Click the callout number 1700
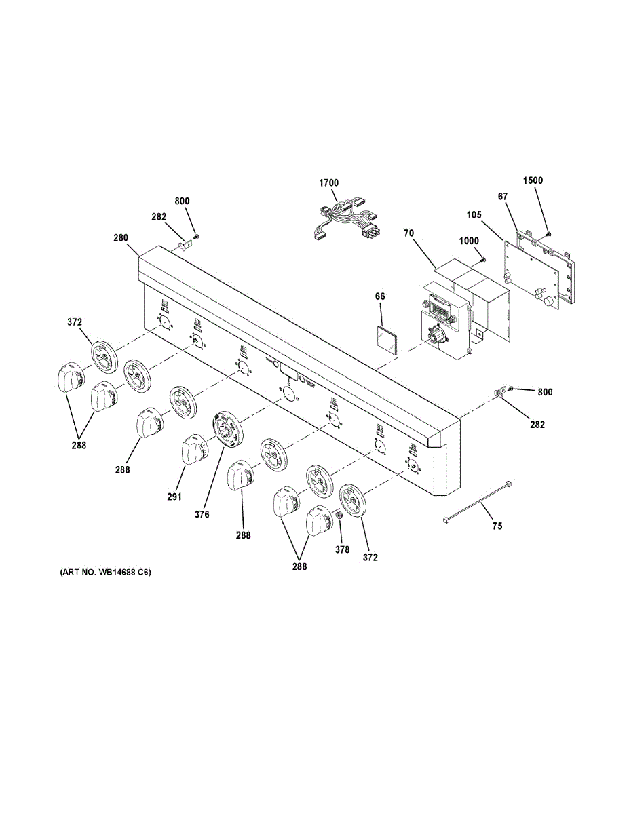[329, 183]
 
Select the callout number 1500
[533, 181]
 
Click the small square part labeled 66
[386, 337]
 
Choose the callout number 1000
[468, 241]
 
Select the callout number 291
[174, 497]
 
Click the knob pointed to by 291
[195, 450]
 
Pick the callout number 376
[202, 514]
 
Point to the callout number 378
[343, 550]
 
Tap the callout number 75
[497, 526]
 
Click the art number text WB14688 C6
[105, 573]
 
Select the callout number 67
[503, 197]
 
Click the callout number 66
[380, 296]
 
